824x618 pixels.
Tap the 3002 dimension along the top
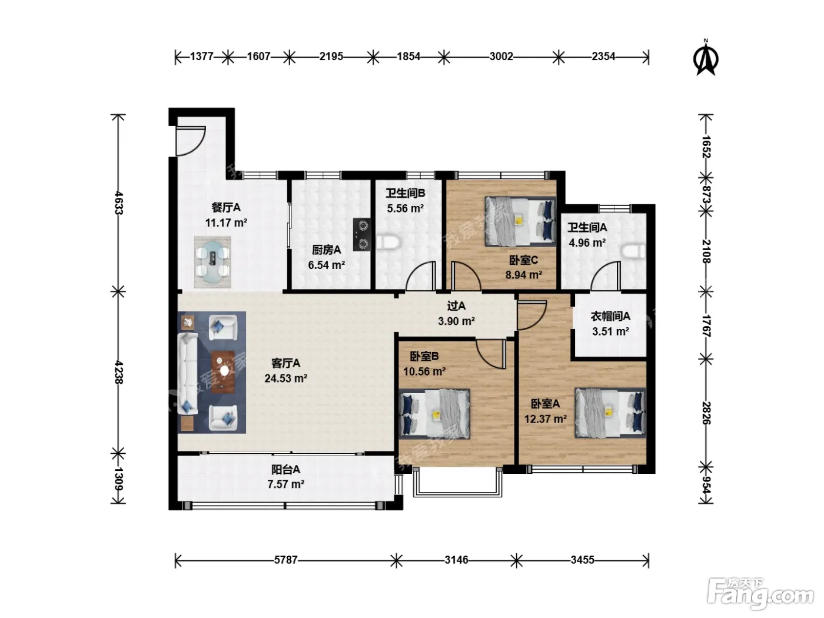pyautogui.click(x=501, y=57)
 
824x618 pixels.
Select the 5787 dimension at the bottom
pyautogui.click(x=285, y=560)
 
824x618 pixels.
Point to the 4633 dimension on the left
pyautogui.click(x=118, y=203)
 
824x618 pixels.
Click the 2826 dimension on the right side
pyautogui.click(x=706, y=413)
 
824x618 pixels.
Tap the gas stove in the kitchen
pyautogui.click(x=362, y=234)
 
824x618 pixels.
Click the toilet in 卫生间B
pyautogui.click(x=387, y=242)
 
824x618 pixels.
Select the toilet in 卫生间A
pyautogui.click(x=634, y=251)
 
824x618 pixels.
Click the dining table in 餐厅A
pyautogui.click(x=213, y=261)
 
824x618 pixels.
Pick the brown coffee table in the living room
pyautogui.click(x=223, y=372)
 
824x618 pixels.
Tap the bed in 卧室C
pyautogui.click(x=520, y=221)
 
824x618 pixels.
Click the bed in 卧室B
pyautogui.click(x=434, y=414)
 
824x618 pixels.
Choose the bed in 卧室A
pyautogui.click(x=610, y=413)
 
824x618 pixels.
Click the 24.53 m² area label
pyautogui.click(x=285, y=378)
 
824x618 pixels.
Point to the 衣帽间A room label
pyautogui.click(x=610, y=316)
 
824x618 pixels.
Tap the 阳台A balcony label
pyautogui.click(x=285, y=470)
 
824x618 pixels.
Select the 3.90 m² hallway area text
pyautogui.click(x=456, y=321)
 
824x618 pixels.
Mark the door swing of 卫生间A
pyautogui.click(x=606, y=276)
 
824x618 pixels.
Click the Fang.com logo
pyautogui.click(x=760, y=594)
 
